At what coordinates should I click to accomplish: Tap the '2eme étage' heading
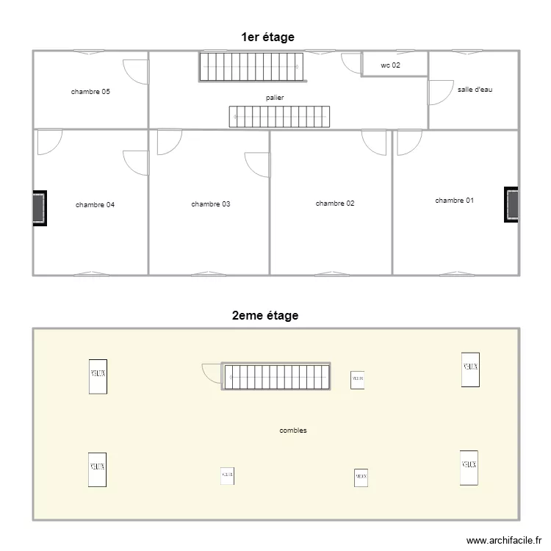(264, 316)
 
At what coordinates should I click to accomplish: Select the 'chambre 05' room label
(90, 92)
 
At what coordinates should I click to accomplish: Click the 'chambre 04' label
(95, 204)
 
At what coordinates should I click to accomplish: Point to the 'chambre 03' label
(210, 204)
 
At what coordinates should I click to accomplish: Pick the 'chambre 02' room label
(335, 203)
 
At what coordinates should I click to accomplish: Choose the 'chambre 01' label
(454, 200)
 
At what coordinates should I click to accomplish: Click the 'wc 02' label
(390, 65)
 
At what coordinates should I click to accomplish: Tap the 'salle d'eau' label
(475, 89)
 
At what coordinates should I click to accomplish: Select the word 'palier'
(275, 97)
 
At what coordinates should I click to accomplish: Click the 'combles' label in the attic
(293, 431)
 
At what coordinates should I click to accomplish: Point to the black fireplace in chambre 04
(39, 209)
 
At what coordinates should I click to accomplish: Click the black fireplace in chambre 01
(511, 204)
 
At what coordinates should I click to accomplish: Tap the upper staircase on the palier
(251, 66)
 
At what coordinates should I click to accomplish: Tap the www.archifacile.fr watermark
(502, 539)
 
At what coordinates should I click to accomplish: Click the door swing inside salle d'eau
(439, 92)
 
